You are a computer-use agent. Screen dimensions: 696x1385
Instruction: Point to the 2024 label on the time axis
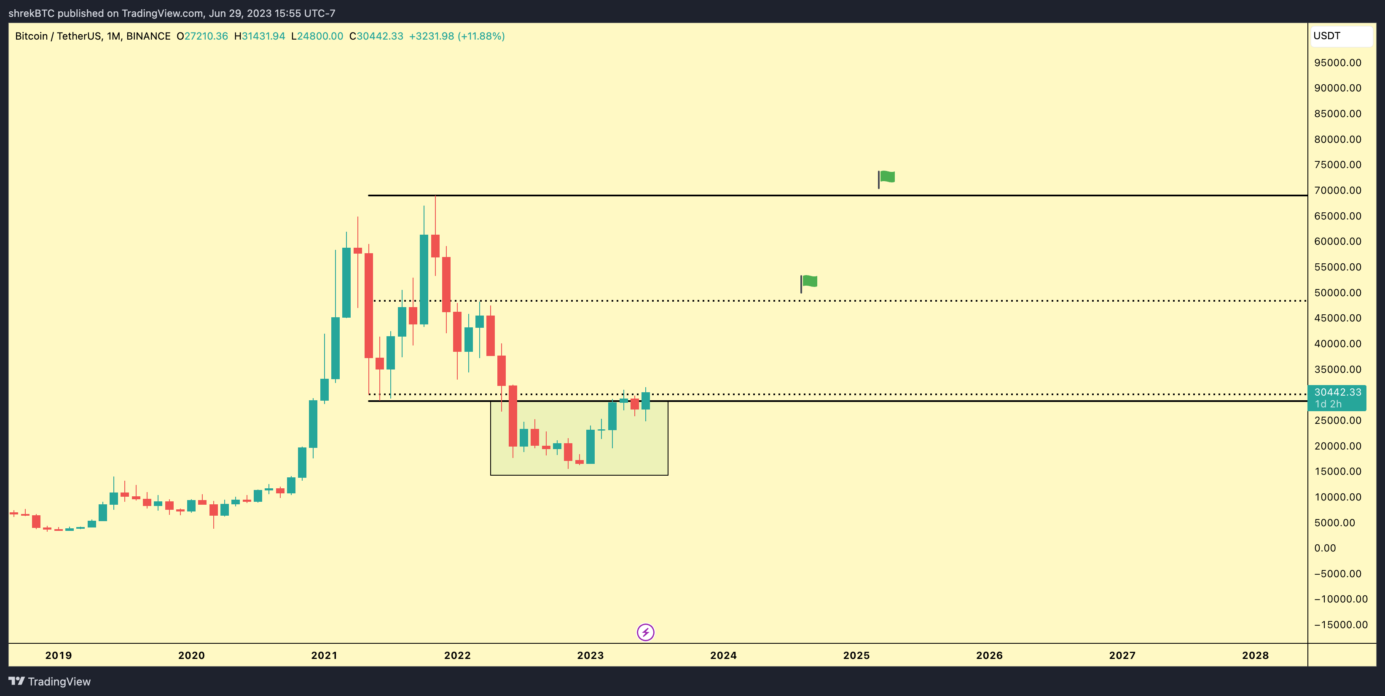tap(723, 655)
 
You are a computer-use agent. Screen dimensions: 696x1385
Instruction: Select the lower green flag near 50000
tap(809, 281)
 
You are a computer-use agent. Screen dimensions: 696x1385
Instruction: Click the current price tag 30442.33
tap(1337, 392)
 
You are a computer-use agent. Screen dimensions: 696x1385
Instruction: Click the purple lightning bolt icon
tap(645, 632)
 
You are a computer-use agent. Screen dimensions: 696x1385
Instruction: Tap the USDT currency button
tap(1341, 36)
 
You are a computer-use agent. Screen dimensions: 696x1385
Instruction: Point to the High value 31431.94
tap(263, 36)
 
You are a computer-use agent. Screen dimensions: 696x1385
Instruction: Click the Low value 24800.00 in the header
tap(320, 36)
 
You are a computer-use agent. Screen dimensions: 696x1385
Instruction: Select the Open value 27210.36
tap(206, 36)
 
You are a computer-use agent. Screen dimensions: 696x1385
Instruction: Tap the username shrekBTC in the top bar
tap(31, 13)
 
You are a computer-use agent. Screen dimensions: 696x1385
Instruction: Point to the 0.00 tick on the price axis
tap(1325, 548)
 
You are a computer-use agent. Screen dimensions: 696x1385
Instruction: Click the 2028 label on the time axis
tap(1255, 655)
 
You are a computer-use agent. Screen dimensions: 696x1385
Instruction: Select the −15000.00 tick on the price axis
tap(1340, 624)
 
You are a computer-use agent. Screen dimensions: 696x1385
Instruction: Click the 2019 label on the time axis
tap(58, 655)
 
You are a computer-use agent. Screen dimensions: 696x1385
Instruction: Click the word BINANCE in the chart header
tap(148, 36)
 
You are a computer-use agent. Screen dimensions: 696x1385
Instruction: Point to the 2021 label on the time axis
tap(324, 655)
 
